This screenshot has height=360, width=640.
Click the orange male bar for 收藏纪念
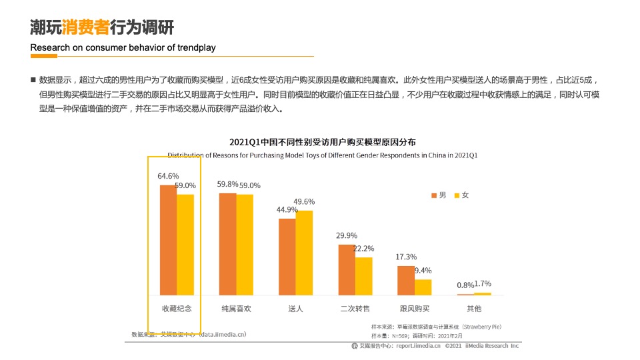[168, 240]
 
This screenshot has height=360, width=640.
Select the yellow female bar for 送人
[304, 253]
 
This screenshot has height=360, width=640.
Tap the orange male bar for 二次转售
[346, 269]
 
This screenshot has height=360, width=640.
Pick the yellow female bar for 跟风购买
[423, 287]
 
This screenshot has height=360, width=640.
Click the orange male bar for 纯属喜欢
[227, 244]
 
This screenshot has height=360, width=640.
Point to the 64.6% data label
[168, 176]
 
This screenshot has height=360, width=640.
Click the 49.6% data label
[304, 201]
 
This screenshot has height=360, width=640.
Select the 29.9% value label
[347, 235]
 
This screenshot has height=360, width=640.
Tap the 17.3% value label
[406, 257]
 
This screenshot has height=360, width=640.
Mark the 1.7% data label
[482, 283]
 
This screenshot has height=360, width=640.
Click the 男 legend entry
[437, 195]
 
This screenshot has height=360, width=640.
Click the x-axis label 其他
[474, 309]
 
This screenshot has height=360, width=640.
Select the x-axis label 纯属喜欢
[236, 309]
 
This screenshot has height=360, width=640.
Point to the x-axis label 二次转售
[355, 309]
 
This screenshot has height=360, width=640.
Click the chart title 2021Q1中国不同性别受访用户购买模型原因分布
[323, 142]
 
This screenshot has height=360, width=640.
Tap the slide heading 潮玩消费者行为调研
[101, 27]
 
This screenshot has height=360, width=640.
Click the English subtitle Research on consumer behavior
[123, 47]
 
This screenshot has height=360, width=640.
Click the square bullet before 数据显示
[32, 80]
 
